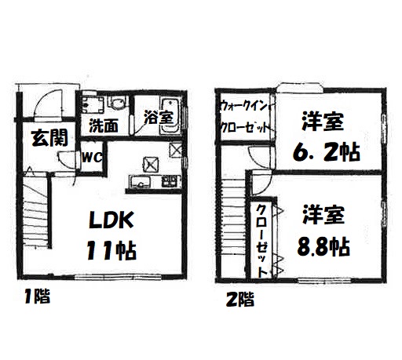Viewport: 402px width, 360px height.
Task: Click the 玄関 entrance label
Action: tap(49, 138)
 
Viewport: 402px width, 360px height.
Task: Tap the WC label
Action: tap(92, 158)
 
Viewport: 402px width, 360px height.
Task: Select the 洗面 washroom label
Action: tap(104, 125)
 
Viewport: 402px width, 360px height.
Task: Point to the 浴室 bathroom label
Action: tap(159, 117)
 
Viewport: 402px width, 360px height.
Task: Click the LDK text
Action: tap(111, 220)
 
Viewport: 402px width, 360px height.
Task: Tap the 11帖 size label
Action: tap(111, 251)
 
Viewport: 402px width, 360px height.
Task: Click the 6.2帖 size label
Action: tap(327, 153)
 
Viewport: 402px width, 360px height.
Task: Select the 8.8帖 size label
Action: tap(323, 246)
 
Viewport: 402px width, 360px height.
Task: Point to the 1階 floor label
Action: tap(37, 296)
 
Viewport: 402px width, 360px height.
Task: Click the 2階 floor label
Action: tap(240, 299)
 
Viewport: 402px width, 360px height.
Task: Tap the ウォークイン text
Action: tap(244, 107)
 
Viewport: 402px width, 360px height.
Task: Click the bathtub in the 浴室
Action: tap(170, 115)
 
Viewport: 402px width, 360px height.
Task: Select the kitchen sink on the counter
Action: tap(141, 182)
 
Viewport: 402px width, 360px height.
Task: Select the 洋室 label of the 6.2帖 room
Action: tap(323, 121)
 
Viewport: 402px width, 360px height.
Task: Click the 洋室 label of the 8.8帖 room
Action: tap(323, 215)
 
